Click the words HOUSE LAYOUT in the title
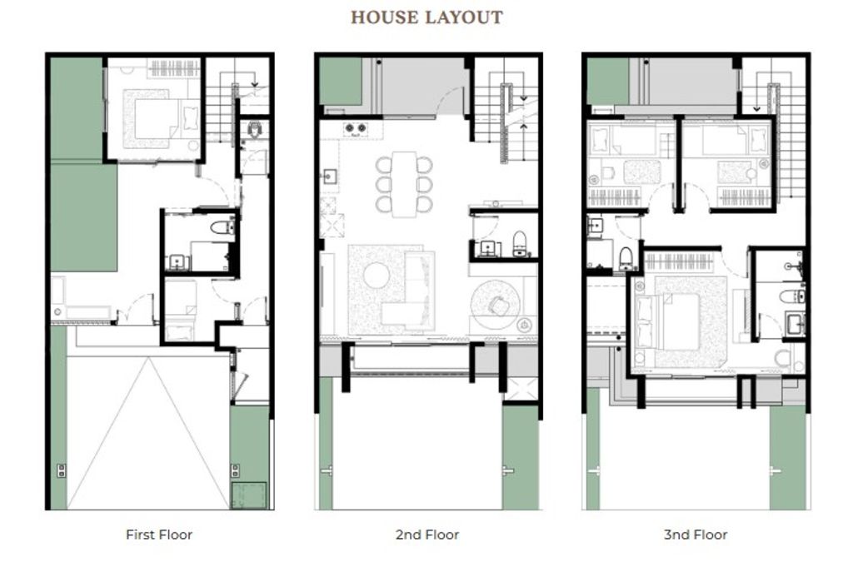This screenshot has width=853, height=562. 426,17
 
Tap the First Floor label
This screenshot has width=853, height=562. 159,535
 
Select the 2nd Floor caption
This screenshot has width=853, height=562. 427,535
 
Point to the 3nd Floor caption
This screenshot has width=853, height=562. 696,535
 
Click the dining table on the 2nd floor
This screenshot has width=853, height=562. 404,184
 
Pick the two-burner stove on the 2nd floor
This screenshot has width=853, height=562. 355,129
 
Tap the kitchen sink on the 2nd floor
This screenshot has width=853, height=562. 330,177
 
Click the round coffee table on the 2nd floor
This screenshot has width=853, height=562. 376,275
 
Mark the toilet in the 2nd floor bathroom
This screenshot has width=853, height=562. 520,243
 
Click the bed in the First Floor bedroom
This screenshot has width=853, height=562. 156,119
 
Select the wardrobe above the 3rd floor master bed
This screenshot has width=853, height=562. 679,261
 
